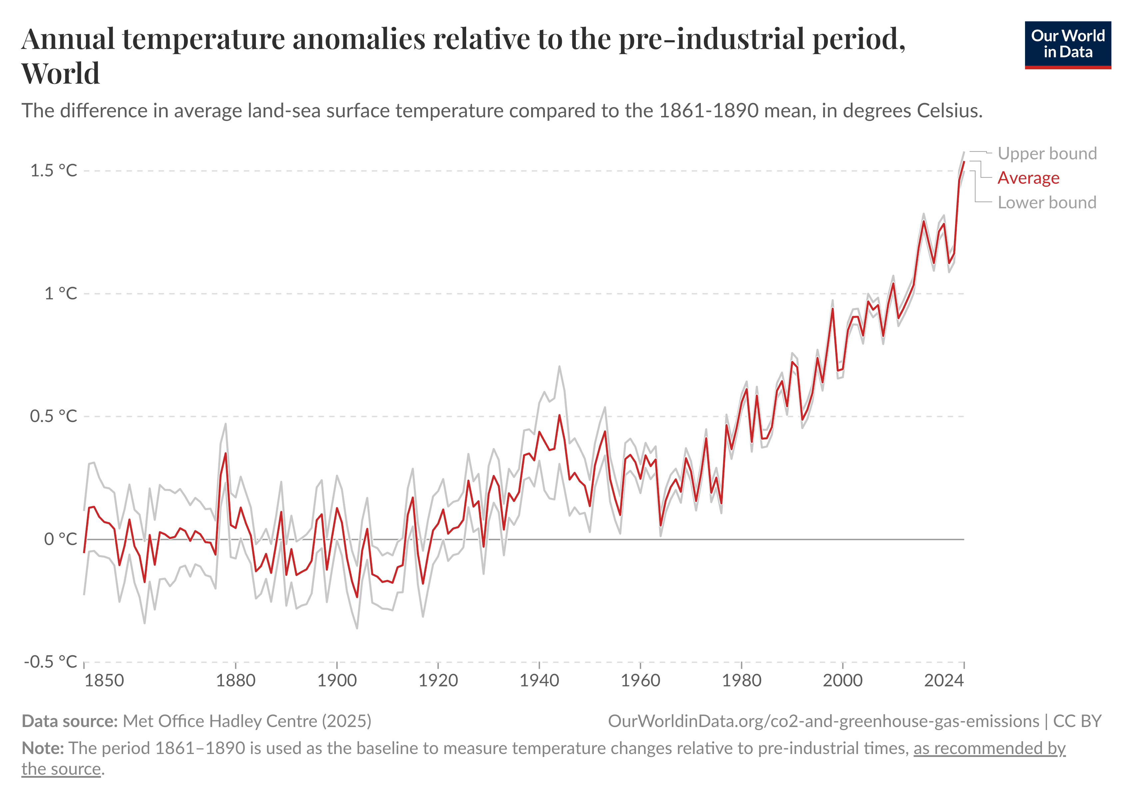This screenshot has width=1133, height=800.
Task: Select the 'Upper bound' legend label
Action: tap(1047, 153)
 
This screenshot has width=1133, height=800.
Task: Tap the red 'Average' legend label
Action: tap(1028, 178)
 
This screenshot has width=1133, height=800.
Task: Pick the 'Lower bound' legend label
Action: tap(1047, 202)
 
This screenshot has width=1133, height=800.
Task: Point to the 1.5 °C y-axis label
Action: tap(54, 171)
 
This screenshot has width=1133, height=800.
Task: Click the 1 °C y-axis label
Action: tap(61, 294)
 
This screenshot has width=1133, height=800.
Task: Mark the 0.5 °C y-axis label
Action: tap(54, 416)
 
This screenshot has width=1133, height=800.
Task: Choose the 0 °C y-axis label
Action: tap(61, 539)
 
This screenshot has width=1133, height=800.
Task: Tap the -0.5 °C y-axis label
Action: tap(50, 661)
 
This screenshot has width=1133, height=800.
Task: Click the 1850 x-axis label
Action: tap(104, 681)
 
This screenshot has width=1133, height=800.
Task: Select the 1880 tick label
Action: tap(236, 681)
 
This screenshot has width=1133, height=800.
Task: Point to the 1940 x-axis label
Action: tap(540, 681)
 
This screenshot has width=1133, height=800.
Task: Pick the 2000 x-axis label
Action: tap(842, 681)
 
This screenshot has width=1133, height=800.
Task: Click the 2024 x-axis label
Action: tap(943, 681)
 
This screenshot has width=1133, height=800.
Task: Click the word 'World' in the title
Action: tap(61, 74)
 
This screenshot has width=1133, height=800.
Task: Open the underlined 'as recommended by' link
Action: tap(989, 748)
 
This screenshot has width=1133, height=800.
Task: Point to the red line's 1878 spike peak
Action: tap(226, 453)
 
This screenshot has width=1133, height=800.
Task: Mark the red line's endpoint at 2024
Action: tap(964, 162)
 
